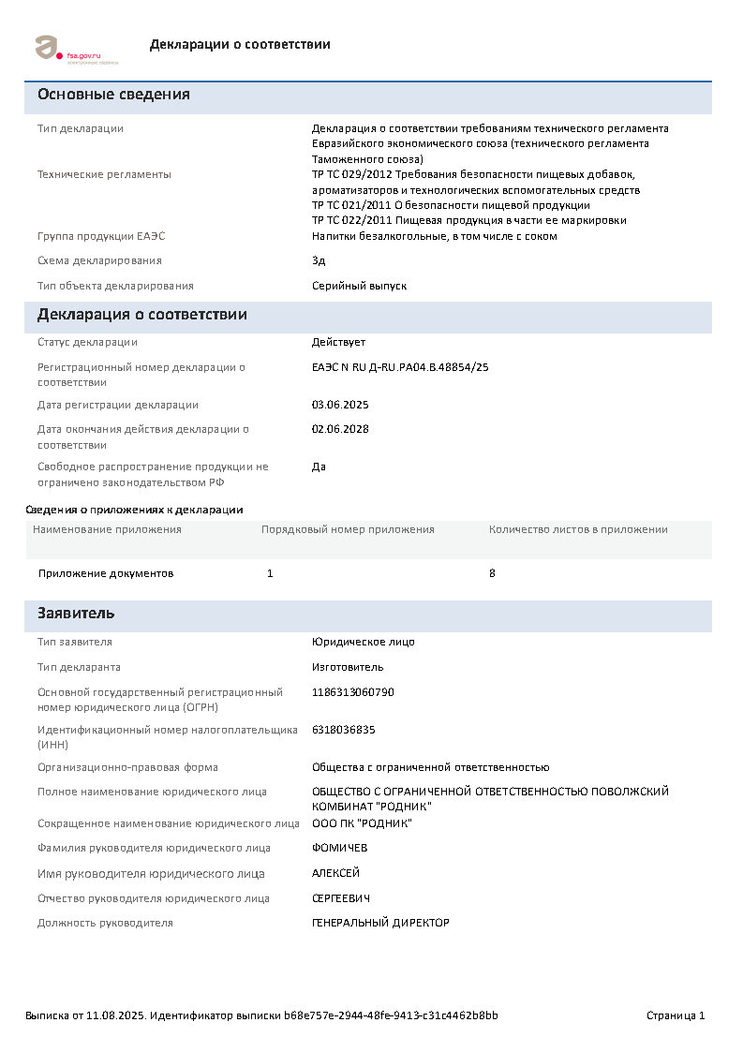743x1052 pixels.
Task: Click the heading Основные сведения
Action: point(113,95)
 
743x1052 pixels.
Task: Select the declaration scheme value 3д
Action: point(319,260)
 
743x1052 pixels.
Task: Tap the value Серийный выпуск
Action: point(359,286)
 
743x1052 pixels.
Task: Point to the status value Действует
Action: point(338,342)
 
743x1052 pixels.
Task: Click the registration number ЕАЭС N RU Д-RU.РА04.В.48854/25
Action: point(400,367)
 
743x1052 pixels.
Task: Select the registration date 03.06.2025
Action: point(340,405)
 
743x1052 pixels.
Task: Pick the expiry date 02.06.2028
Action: point(340,429)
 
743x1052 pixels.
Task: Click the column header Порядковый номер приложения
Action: point(348,529)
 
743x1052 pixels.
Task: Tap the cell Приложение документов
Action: point(106,573)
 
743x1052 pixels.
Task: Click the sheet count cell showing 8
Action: point(492,573)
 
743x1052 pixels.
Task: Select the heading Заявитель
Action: point(76,614)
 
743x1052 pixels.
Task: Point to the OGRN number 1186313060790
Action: point(353,692)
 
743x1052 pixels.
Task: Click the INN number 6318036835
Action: point(344,729)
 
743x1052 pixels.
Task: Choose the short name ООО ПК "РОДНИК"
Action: point(362,823)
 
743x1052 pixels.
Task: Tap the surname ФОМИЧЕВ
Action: point(339,848)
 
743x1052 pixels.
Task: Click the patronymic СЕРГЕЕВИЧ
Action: point(341,898)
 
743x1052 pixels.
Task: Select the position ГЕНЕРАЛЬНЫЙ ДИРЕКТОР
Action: point(380,923)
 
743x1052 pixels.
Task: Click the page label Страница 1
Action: point(676,1015)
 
